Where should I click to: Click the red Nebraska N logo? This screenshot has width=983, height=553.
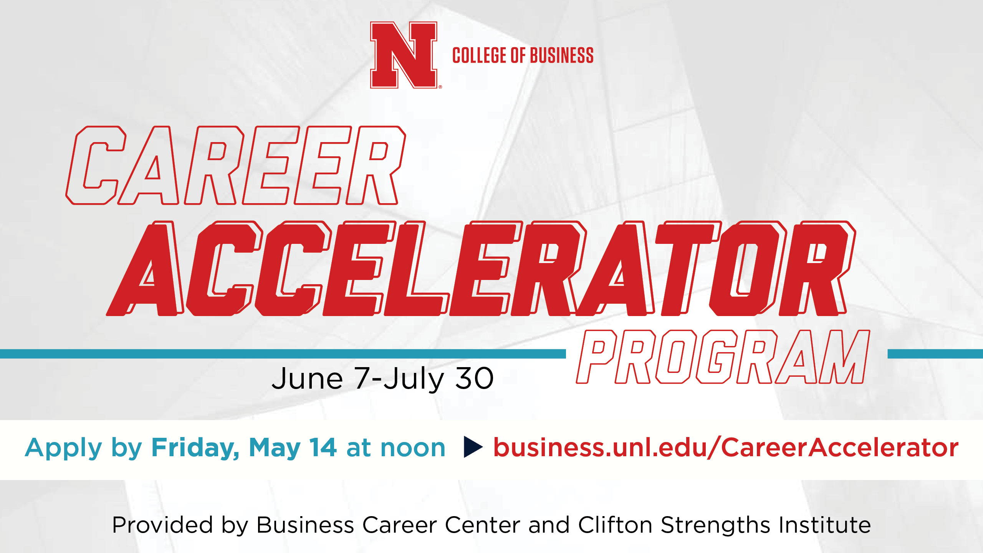[404, 55]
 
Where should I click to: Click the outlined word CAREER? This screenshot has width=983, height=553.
[236, 165]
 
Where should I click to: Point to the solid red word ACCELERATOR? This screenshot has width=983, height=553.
[481, 268]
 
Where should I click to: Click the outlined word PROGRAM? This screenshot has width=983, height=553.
[723, 357]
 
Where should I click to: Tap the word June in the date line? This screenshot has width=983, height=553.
[307, 378]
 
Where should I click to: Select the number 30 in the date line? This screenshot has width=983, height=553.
[474, 379]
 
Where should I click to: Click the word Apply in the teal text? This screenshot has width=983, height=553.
[64, 449]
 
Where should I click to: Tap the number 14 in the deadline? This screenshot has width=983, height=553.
[323, 447]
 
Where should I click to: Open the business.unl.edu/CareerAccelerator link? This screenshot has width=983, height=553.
[726, 447]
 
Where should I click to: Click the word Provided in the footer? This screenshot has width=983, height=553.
[162, 525]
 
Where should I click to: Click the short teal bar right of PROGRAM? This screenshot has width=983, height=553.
[935, 354]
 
